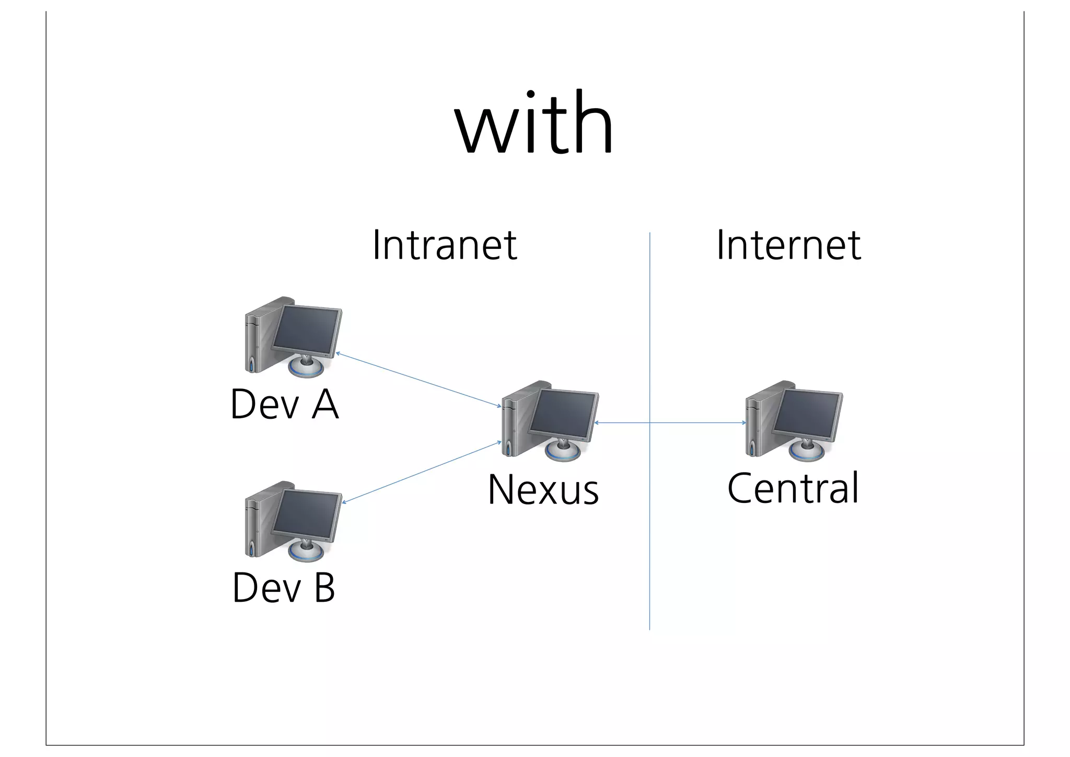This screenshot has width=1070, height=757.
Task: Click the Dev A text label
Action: tap(285, 404)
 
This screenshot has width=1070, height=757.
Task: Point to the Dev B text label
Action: tap(284, 588)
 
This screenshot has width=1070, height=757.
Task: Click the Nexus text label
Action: tap(543, 490)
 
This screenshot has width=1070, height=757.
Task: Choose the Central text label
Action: tap(793, 488)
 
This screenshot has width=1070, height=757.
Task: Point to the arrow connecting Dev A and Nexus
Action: tap(418, 380)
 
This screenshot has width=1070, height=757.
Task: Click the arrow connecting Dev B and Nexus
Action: tap(421, 473)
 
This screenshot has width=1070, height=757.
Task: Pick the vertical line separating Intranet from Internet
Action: tap(649, 523)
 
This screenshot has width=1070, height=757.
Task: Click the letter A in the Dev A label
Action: tap(325, 404)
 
